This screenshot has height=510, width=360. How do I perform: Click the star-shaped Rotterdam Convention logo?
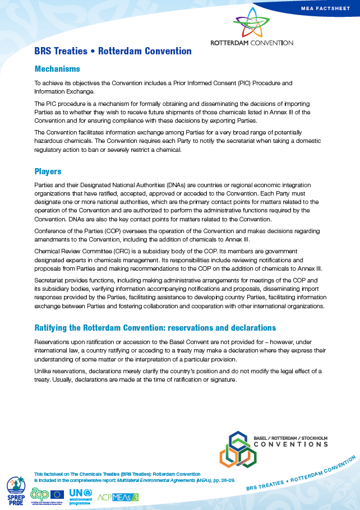point(251,23)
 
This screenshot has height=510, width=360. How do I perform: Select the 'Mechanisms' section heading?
point(57,69)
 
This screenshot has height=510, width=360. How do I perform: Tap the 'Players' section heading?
point(48,171)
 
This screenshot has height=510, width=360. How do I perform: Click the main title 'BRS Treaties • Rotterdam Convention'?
point(113,51)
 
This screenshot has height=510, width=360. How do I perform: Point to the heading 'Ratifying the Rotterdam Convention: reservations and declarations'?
point(155,327)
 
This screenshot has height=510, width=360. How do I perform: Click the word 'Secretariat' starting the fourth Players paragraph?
point(50,280)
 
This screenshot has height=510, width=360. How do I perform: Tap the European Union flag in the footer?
point(57,494)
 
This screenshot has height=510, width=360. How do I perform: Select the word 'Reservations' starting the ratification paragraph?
point(53,341)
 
